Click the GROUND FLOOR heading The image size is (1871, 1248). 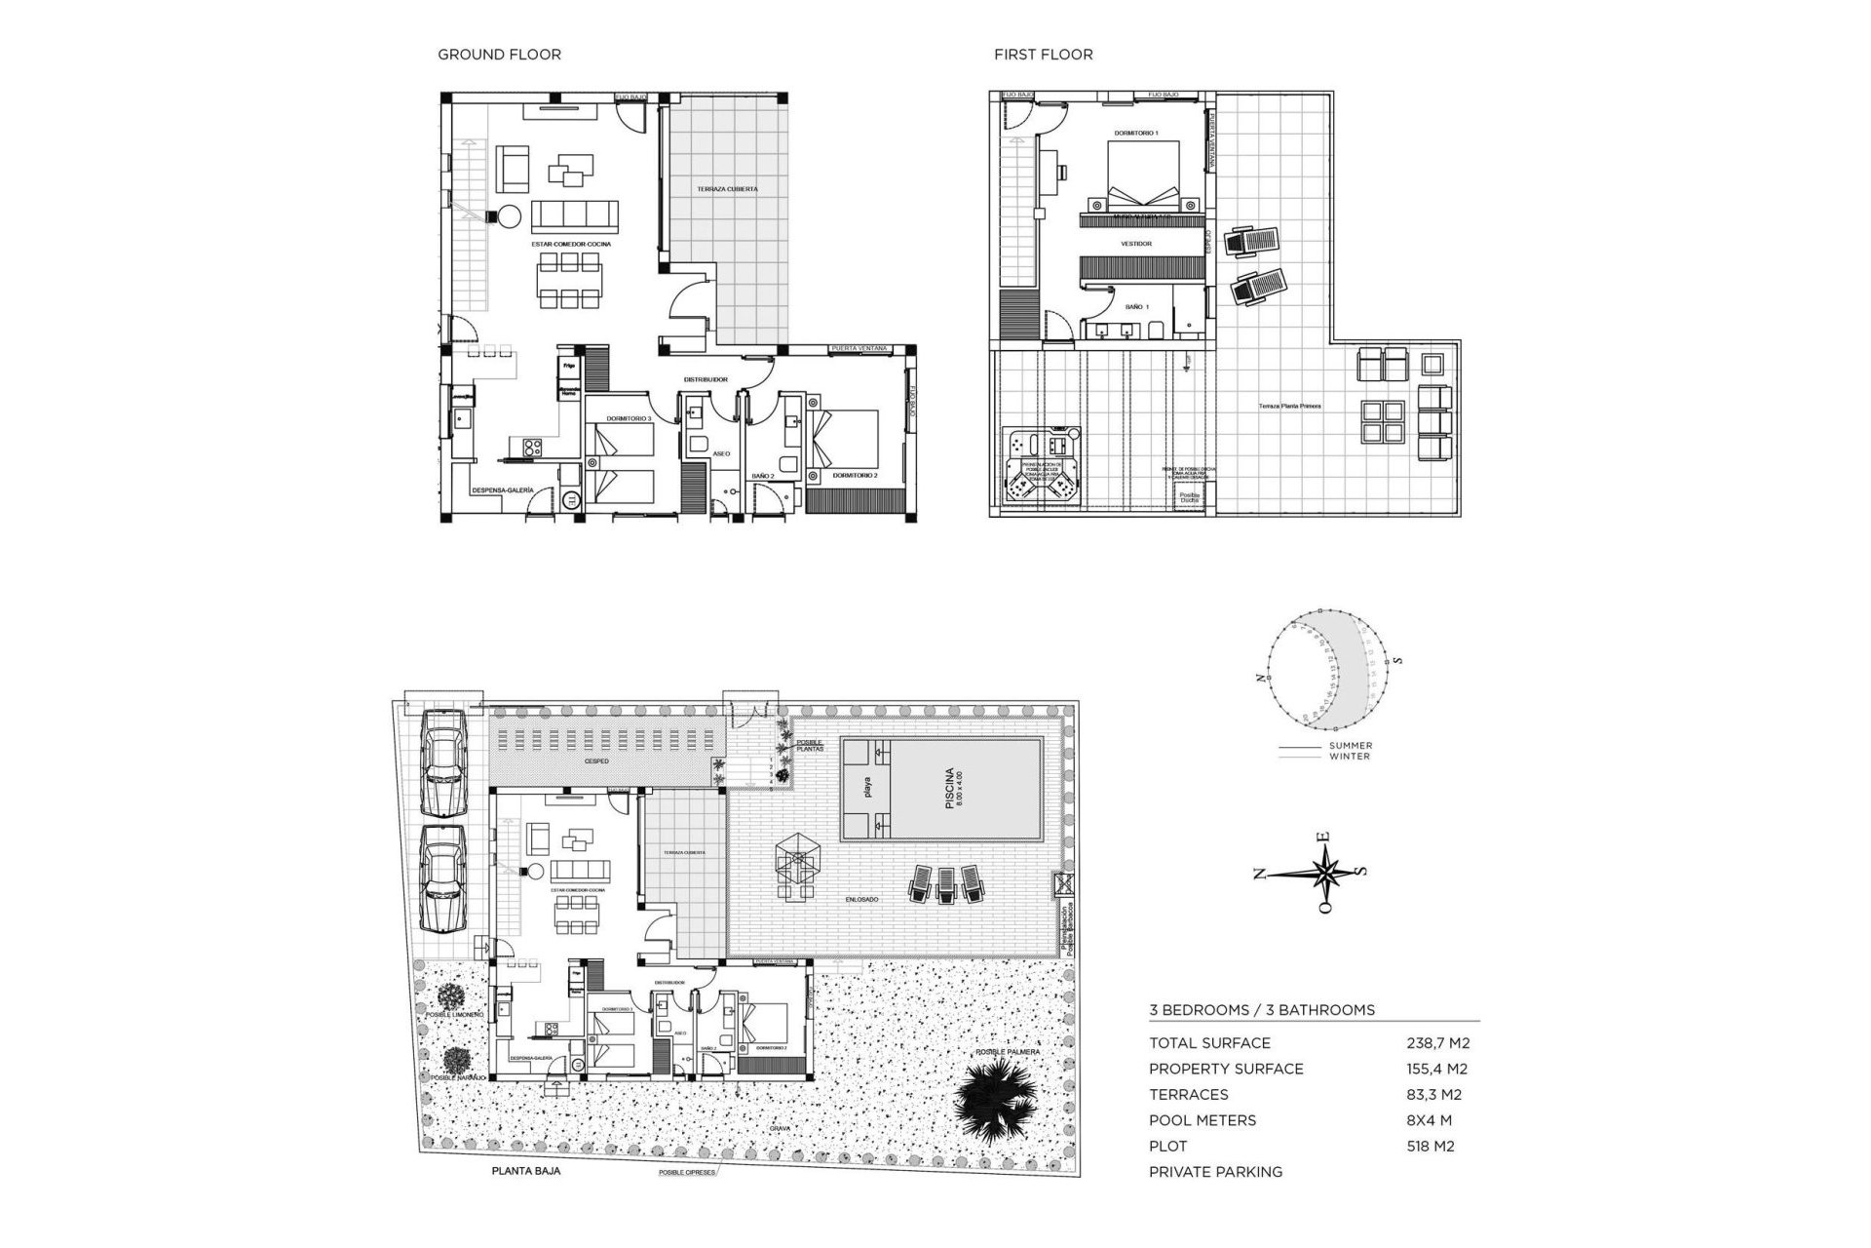pos(499,55)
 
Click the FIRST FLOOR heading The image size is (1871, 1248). pos(1043,55)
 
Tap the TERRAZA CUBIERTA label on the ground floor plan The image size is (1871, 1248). pos(727,189)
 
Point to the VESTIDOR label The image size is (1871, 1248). pos(1136,244)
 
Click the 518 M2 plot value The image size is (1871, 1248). pos(1431,1147)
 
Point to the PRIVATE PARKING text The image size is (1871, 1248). pos(1215,1172)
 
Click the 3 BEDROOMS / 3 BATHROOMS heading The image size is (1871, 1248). pos(1262,1010)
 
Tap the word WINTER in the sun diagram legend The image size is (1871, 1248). pos(1350,757)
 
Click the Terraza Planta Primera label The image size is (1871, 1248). pos(1289,406)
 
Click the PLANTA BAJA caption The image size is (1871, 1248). pos(526,1171)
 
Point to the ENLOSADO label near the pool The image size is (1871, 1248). pos(861,900)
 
